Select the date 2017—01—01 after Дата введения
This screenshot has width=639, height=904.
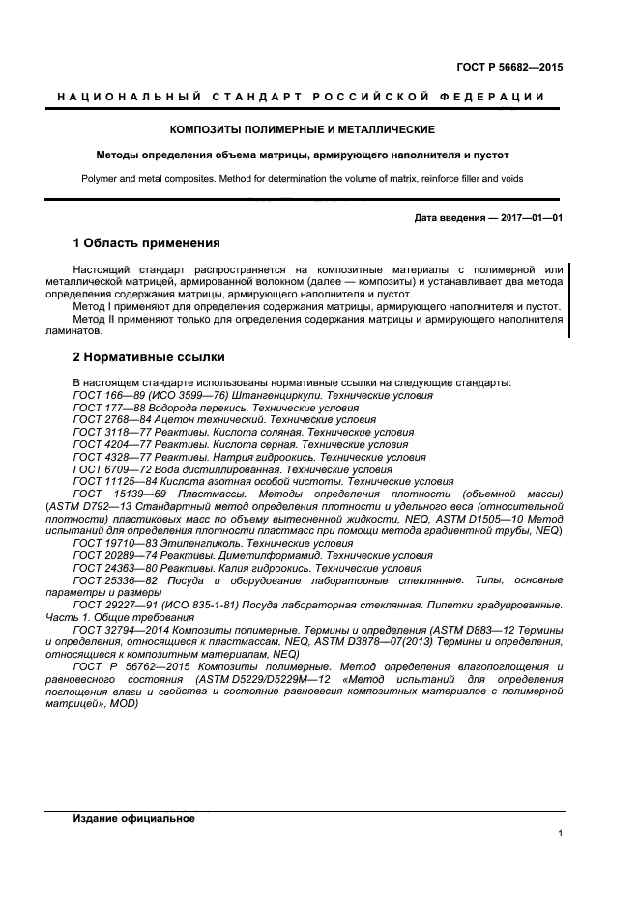coord(529,218)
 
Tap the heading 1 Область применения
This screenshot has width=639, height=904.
coord(146,242)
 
